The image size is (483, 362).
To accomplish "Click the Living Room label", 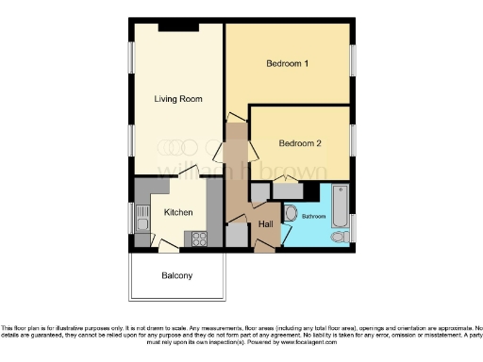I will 178,98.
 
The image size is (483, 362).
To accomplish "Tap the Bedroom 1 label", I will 288,63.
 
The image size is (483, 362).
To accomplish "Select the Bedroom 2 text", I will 300,143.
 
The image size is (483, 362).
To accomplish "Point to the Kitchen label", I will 178,212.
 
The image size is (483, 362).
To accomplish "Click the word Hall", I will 266,223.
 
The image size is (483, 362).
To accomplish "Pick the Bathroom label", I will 313,217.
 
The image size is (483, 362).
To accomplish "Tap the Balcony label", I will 176,275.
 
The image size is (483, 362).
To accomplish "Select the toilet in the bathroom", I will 291,212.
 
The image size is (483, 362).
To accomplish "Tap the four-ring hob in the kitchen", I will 199,239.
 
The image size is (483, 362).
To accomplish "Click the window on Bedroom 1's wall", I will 356,63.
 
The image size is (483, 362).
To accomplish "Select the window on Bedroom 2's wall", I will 356,140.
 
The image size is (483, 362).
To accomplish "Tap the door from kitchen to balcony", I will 168,247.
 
